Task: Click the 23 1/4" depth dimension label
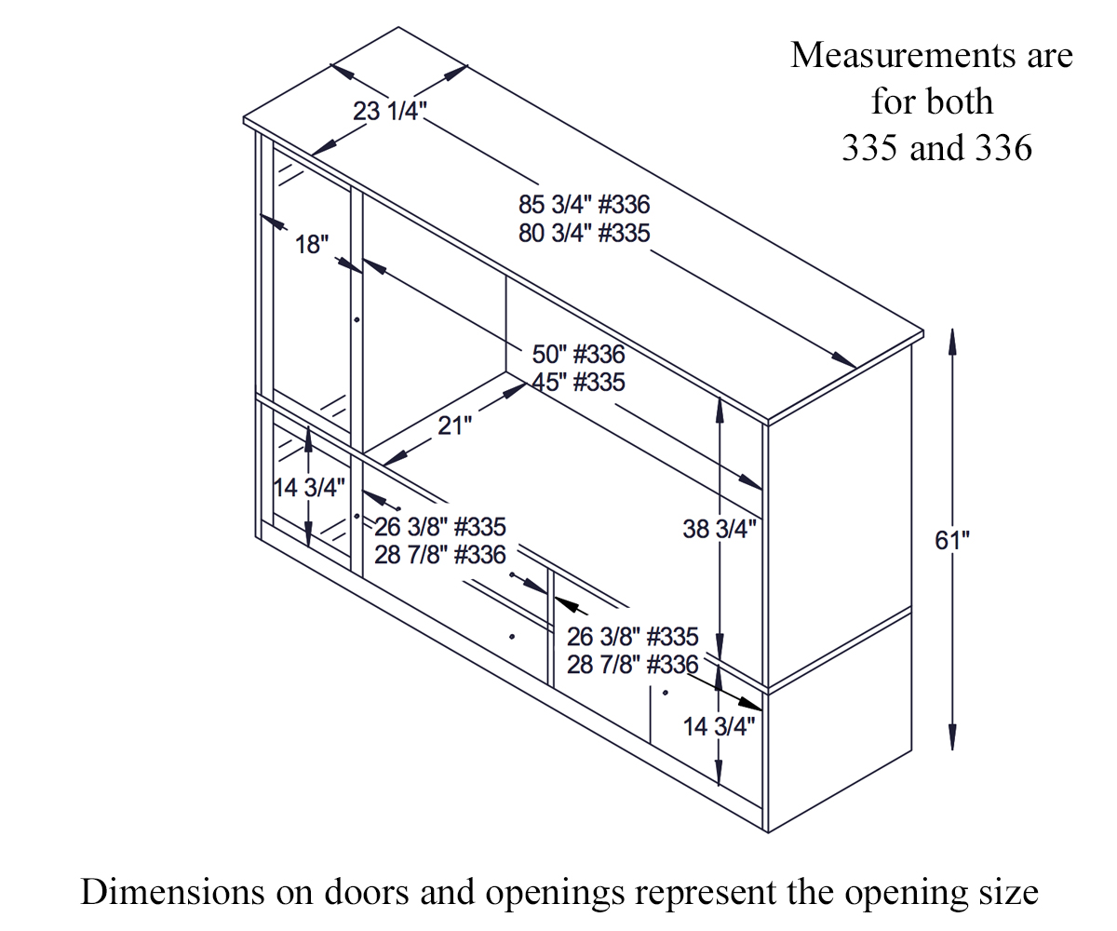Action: pyautogui.click(x=389, y=112)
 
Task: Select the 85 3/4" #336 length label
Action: pyautogui.click(x=584, y=205)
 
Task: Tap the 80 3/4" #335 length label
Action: pyautogui.click(x=584, y=233)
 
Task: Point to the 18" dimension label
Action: pyautogui.click(x=312, y=245)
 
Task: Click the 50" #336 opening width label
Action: pyautogui.click(x=578, y=355)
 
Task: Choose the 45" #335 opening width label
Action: pyautogui.click(x=578, y=382)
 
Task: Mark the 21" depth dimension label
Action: pyautogui.click(x=454, y=425)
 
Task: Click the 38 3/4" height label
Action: pyautogui.click(x=719, y=529)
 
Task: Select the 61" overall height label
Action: pyautogui.click(x=952, y=540)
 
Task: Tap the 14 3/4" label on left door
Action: pyautogui.click(x=308, y=487)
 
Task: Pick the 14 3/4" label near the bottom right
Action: pyautogui.click(x=719, y=727)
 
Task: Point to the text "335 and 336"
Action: pyautogui.click(x=936, y=148)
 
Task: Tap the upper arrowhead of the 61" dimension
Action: pyautogui.click(x=952, y=340)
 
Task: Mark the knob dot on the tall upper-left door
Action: pyautogui.click(x=357, y=319)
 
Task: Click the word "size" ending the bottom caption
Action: pyautogui.click(x=1007, y=892)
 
